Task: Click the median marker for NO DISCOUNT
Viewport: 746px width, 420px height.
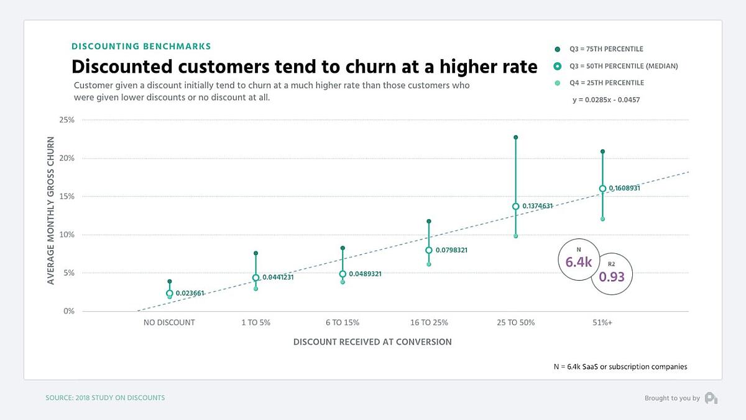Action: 169,294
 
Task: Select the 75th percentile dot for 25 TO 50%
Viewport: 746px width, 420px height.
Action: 515,137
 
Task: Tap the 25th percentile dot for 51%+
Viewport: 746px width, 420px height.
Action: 602,219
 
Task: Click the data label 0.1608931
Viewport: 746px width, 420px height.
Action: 624,188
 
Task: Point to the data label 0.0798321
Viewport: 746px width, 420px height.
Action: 451,250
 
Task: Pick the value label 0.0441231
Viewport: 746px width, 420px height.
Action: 277,278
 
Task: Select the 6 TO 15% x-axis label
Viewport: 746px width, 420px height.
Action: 342,322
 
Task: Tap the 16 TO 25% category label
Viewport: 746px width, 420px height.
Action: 429,322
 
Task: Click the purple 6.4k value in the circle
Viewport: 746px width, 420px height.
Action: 578,263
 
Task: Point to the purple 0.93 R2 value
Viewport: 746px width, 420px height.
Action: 611,276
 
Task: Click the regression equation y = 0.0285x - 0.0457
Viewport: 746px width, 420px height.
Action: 606,100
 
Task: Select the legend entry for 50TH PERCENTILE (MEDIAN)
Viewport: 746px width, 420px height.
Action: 624,66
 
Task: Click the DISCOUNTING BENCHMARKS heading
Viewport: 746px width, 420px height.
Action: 141,46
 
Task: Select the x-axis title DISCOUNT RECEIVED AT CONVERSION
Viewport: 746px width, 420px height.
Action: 372,342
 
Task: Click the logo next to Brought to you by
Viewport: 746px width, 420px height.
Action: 711,398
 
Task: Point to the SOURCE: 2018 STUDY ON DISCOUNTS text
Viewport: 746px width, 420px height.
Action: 105,398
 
